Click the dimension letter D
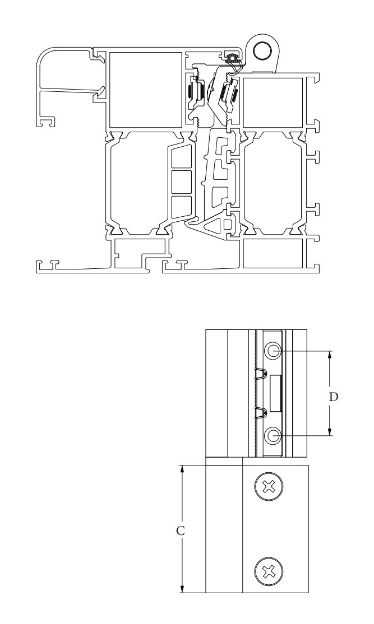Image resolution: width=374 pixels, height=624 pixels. [x=334, y=397]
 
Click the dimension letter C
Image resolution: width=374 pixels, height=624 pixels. [x=181, y=530]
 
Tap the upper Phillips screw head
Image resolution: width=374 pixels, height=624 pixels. [x=269, y=486]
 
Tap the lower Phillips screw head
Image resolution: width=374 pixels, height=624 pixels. [x=269, y=572]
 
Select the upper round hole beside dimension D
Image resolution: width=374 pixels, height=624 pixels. [x=274, y=351]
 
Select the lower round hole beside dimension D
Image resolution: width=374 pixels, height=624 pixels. [x=274, y=436]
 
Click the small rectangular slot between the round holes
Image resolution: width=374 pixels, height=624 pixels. [x=275, y=393]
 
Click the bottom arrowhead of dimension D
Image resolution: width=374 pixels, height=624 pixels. [x=330, y=431]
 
